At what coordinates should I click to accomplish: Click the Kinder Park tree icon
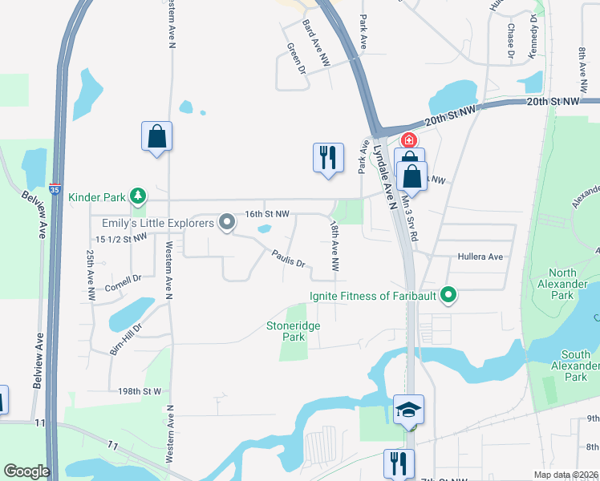pos(139,196)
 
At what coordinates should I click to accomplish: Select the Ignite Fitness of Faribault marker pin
pos(448,297)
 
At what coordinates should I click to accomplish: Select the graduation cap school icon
pos(408,410)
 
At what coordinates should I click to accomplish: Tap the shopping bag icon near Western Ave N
pos(156,136)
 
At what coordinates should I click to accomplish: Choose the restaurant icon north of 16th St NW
pos(327,157)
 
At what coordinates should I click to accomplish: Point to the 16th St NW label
pos(266,215)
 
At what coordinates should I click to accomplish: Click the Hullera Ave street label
pos(479,257)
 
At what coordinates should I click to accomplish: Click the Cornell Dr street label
pos(123,281)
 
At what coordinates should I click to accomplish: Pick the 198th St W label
pos(140,391)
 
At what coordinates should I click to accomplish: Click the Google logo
pos(26,471)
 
